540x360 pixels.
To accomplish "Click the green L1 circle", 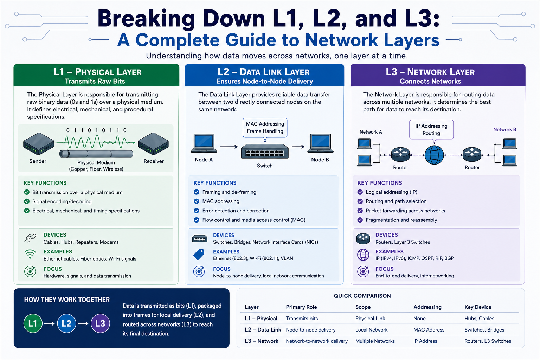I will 33,323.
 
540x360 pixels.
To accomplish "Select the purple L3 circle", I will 100,323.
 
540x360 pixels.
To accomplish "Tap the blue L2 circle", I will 66,323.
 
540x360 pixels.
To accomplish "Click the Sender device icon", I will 39,144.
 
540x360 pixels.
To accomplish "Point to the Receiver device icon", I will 153,144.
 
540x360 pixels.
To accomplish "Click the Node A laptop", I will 204,143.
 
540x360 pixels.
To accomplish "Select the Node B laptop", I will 320,143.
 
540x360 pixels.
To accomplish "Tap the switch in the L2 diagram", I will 265,152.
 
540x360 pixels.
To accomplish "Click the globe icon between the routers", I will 434,155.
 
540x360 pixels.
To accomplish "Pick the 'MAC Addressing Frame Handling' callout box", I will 265,128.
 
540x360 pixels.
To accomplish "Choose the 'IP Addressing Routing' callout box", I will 431,129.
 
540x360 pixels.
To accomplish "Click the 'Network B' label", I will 504,129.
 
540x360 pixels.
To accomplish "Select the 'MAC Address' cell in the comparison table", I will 429,330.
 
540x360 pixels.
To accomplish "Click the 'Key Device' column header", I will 478,307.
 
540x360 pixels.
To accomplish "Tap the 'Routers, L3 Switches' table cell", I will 488,341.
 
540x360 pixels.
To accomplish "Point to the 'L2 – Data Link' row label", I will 263,330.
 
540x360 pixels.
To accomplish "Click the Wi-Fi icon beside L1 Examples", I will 30,254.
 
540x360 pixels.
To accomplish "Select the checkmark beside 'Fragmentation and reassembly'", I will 360,220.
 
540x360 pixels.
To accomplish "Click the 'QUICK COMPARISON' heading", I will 362,296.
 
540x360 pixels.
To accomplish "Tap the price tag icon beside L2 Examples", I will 199,255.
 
